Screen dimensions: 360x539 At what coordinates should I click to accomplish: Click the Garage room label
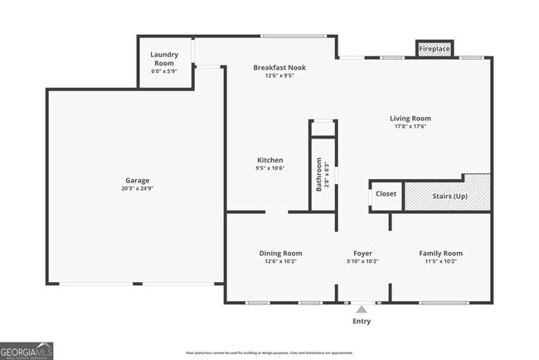click(138, 180)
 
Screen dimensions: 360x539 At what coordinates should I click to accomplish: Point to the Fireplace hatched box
click(434, 50)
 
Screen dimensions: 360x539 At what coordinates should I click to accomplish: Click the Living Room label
click(410, 119)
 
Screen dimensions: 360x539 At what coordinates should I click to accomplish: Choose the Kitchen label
click(270, 160)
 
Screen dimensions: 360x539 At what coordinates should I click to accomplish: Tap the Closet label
click(386, 194)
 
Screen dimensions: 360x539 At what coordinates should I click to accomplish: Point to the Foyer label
click(362, 253)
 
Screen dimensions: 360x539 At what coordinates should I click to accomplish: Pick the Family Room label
click(440, 253)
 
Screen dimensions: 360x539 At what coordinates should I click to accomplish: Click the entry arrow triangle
click(362, 309)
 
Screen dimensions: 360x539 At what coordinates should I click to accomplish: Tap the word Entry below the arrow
click(362, 321)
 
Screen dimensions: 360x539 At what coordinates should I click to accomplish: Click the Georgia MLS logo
click(27, 349)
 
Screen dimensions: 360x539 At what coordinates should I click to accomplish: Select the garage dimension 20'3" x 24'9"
click(138, 188)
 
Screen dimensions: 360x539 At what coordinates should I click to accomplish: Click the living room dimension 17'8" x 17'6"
click(410, 127)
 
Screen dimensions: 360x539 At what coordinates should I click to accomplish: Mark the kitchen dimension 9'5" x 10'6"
click(270, 168)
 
